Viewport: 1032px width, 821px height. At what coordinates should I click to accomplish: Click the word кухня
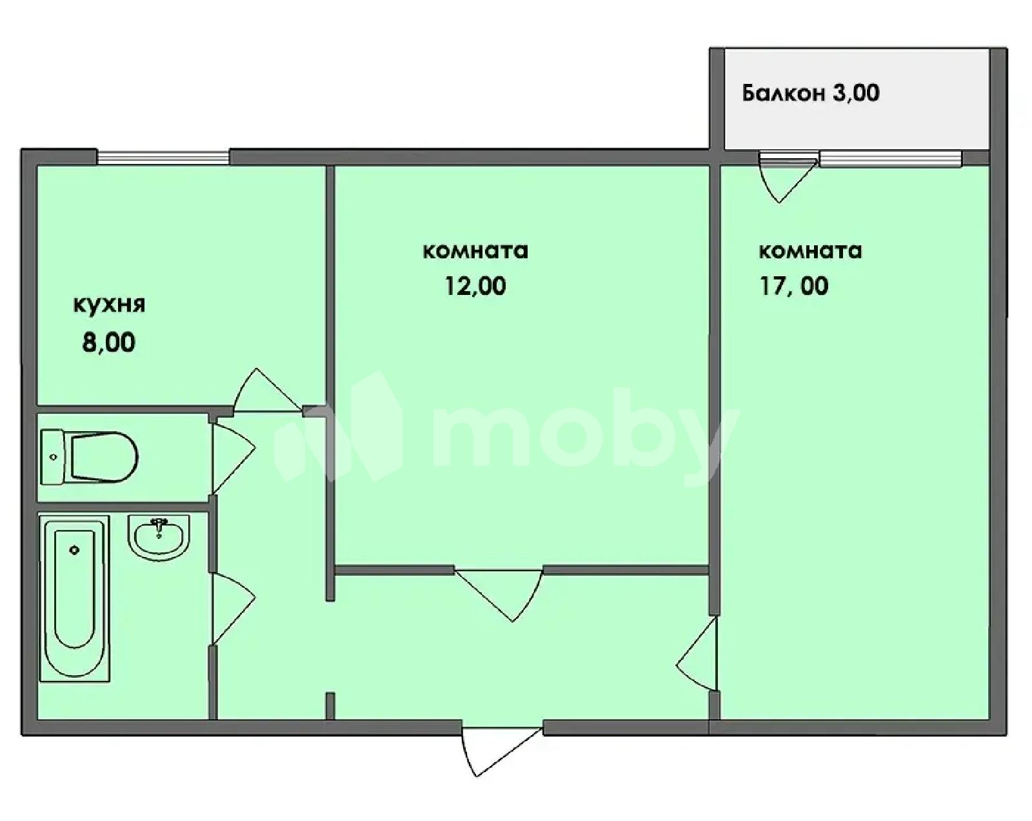tap(109, 306)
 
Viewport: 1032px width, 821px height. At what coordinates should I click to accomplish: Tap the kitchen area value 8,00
tap(109, 343)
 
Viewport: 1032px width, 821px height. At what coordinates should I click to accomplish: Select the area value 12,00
tap(475, 287)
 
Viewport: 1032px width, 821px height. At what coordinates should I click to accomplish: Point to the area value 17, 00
tap(793, 286)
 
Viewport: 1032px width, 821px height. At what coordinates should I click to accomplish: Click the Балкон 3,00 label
tap(811, 93)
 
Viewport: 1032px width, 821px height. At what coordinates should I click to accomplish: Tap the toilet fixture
tap(90, 456)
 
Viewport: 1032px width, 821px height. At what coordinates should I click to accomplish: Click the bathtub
tap(75, 598)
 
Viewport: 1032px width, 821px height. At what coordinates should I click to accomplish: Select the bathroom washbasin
tap(159, 538)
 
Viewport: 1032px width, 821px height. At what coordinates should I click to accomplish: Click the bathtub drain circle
tap(74, 550)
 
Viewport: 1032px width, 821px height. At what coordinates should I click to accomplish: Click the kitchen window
tap(164, 157)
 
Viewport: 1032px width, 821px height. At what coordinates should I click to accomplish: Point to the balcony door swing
tap(788, 177)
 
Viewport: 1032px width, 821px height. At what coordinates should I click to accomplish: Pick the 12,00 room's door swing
tap(499, 596)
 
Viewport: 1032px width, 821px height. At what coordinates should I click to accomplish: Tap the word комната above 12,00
tap(475, 251)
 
